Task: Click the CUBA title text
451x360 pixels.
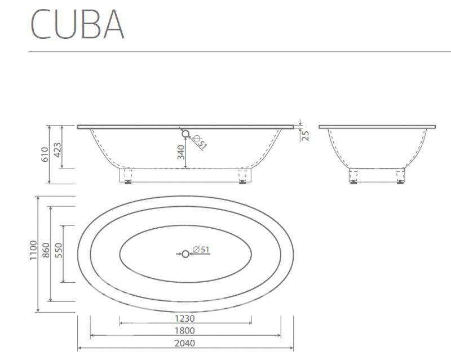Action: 77,24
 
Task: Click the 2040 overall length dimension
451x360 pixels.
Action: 185,343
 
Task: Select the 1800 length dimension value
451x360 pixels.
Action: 185,331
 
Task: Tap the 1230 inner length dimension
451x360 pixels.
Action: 185,319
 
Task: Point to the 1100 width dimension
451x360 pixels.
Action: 34,250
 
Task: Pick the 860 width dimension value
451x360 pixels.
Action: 46,250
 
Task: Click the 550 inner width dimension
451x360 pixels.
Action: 59,250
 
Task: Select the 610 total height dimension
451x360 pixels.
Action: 45,154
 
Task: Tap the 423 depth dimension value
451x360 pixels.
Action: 58,150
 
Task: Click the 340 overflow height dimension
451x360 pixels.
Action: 180,153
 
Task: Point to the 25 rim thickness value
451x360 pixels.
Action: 306,135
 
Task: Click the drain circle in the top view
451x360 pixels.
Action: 185,254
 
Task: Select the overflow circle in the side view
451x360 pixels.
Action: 185,134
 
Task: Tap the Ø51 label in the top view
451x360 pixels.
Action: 201,250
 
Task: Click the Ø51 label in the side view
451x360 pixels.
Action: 200,142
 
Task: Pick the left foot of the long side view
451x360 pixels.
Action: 128,176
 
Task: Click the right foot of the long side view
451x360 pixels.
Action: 242,176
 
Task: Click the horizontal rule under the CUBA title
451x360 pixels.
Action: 240,52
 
